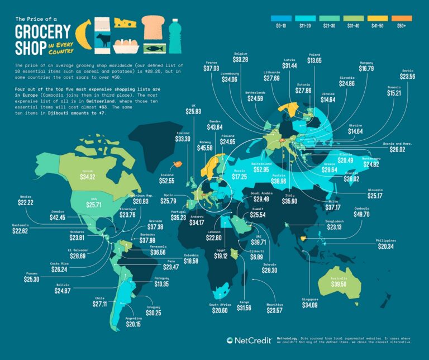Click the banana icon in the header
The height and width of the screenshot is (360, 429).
(x=84, y=34)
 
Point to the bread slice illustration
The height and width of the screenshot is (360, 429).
(x=152, y=26)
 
